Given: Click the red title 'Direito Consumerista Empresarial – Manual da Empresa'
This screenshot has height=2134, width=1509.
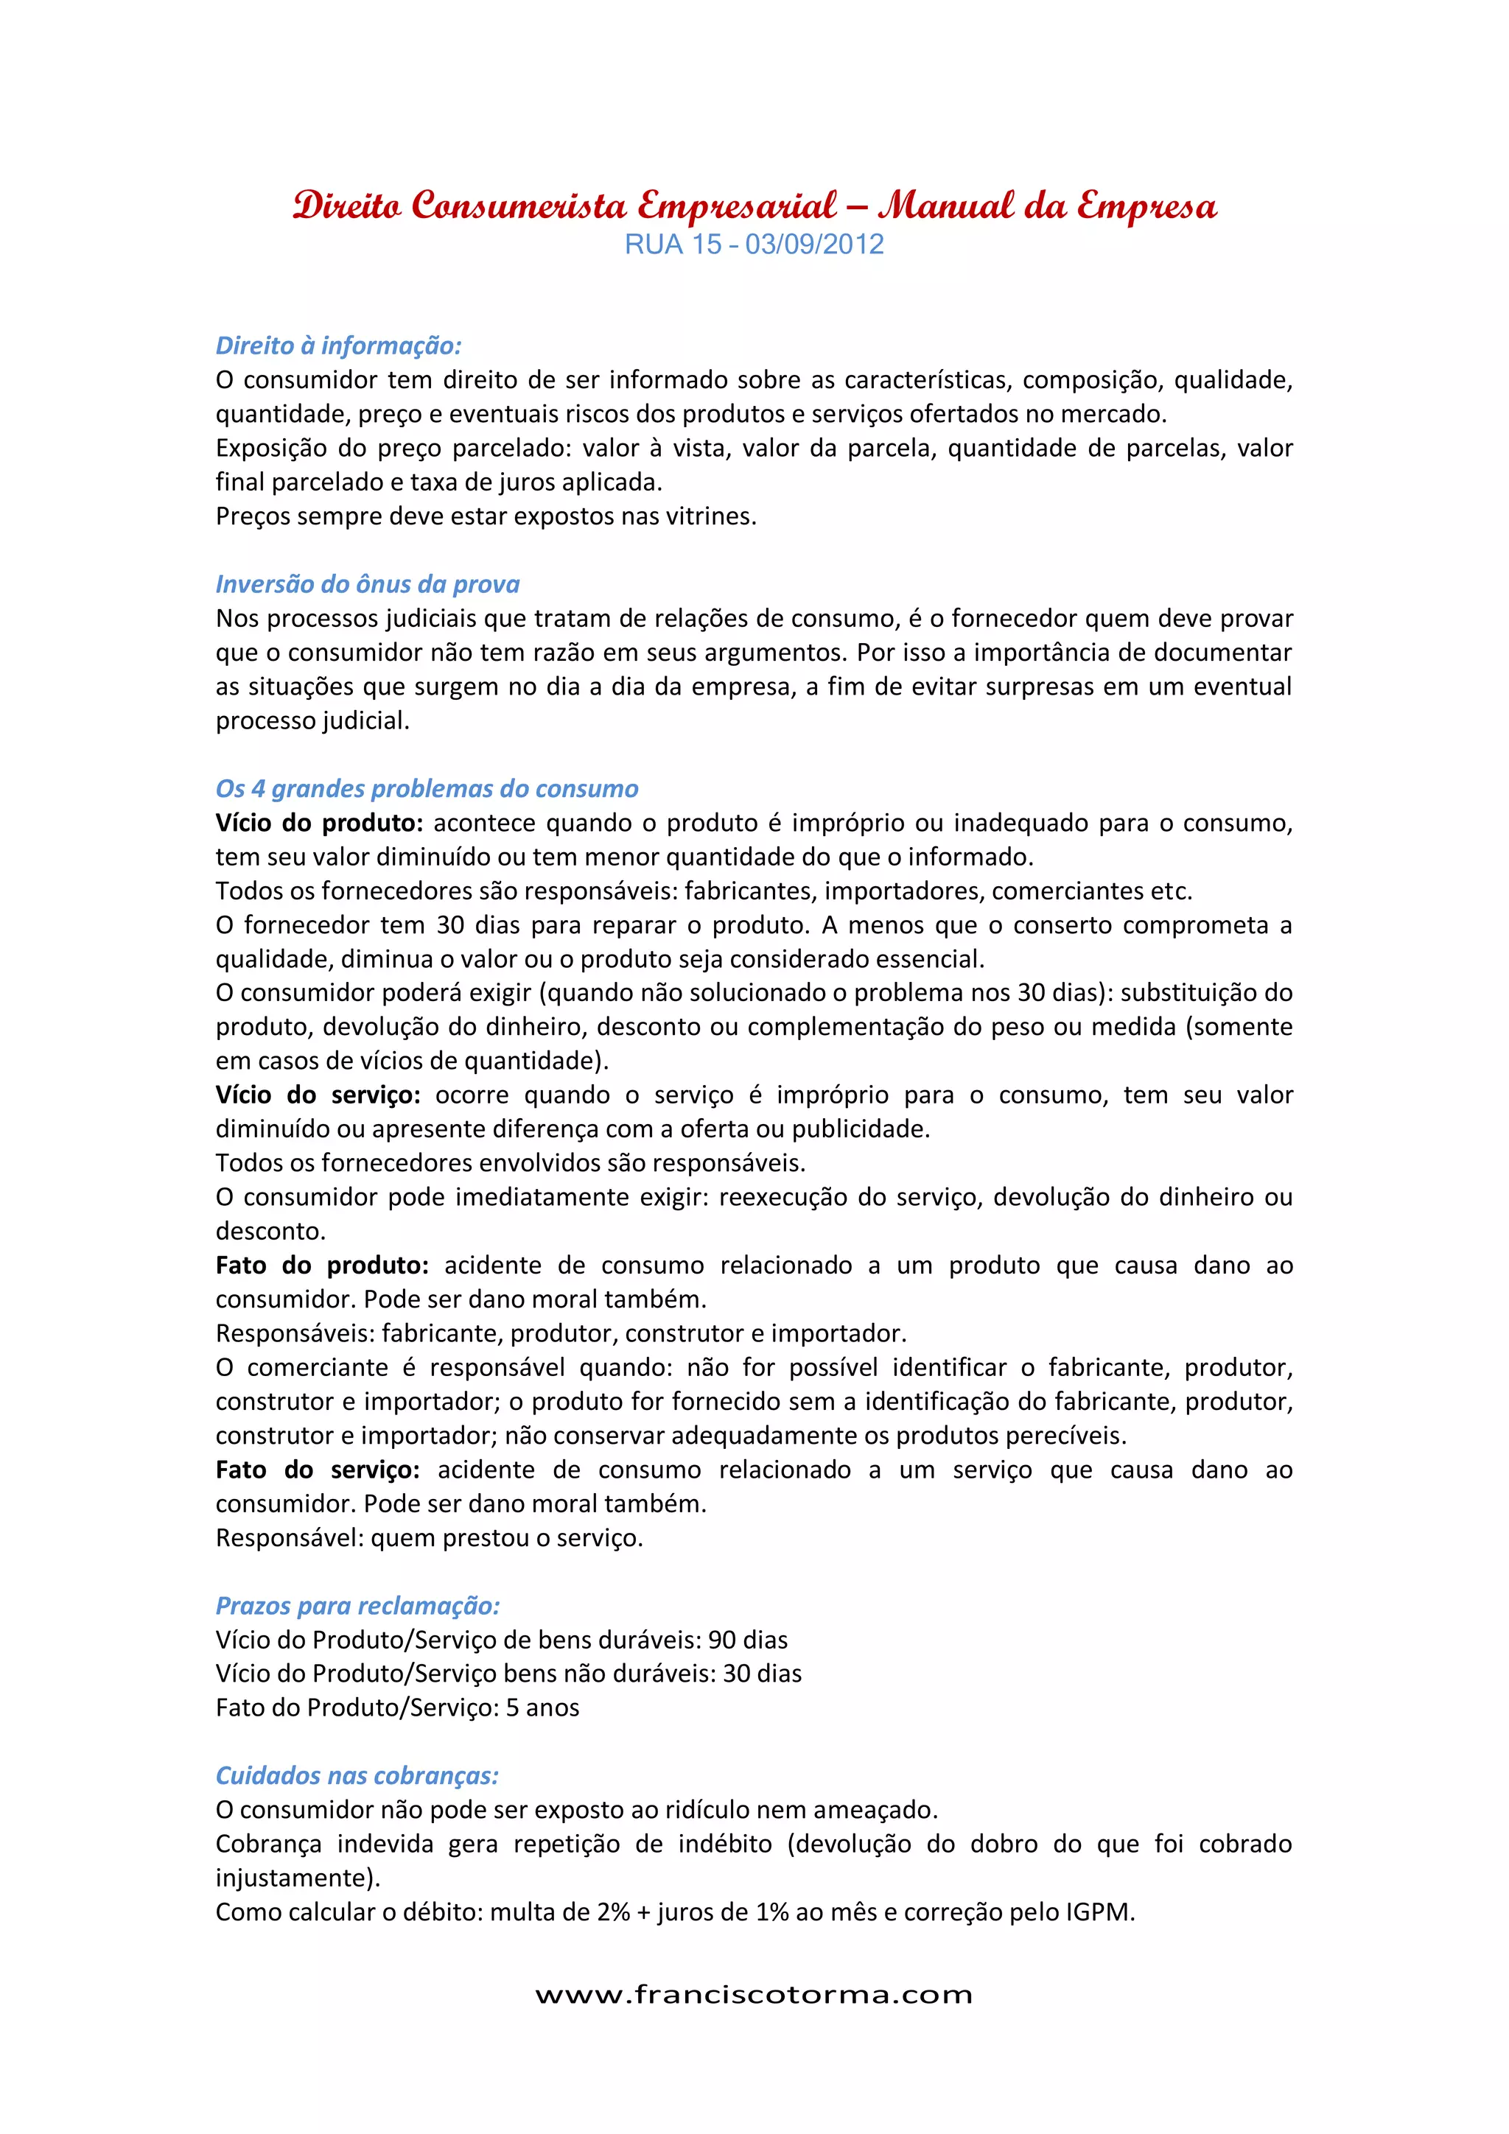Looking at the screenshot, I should click(x=754, y=206).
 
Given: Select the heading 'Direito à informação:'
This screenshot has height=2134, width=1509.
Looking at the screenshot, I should click(x=338, y=345).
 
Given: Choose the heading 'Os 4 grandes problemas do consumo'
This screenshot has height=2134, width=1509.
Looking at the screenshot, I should click(x=427, y=788).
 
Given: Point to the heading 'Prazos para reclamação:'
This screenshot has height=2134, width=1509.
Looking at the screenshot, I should click(x=358, y=1605).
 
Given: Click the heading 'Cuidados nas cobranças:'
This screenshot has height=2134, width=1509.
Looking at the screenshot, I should click(x=357, y=1775).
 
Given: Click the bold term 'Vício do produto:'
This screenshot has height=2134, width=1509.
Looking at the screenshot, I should click(x=319, y=823).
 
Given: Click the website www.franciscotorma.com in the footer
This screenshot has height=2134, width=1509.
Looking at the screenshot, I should click(x=754, y=1996).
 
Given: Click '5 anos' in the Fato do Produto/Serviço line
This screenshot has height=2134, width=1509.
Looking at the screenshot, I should click(x=542, y=1707).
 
